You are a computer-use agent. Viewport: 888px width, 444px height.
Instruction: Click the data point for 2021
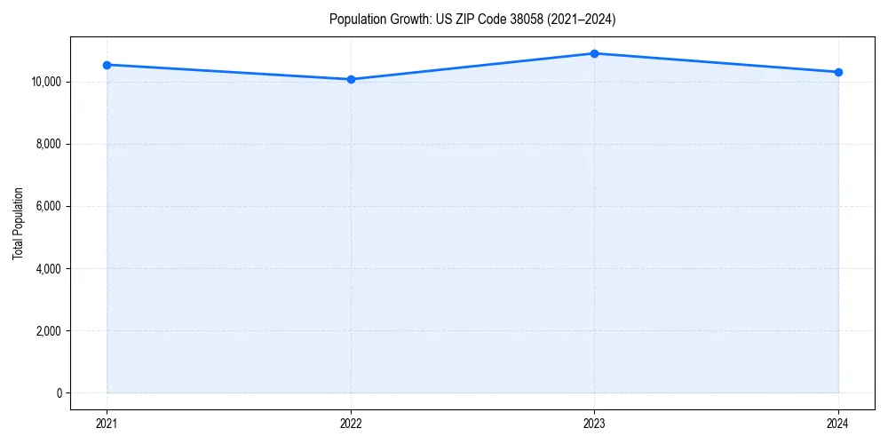(x=107, y=65)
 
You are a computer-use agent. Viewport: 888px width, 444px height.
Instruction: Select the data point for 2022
(x=351, y=79)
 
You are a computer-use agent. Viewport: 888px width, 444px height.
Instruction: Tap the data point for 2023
(x=594, y=53)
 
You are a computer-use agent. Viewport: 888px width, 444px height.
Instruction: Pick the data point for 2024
(x=838, y=72)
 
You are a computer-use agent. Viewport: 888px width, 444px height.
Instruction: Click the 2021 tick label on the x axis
(x=107, y=423)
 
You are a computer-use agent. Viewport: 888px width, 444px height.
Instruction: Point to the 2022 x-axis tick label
(x=351, y=423)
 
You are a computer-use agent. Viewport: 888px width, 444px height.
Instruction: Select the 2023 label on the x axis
(x=594, y=423)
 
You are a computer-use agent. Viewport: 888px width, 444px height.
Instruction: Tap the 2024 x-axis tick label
(x=838, y=423)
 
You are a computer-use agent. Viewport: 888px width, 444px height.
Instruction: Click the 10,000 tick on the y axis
(x=45, y=82)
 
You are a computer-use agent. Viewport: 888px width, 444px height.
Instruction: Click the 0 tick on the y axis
(x=59, y=393)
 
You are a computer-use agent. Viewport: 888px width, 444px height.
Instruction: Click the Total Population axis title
(x=18, y=223)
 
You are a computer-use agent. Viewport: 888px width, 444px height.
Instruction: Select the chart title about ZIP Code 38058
(x=472, y=19)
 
